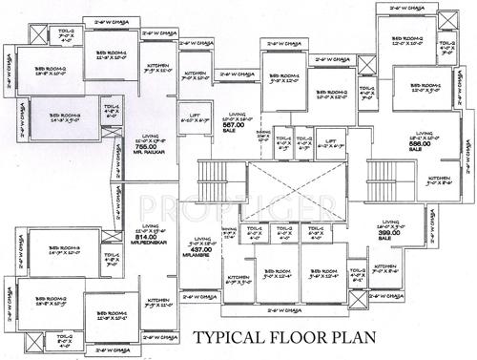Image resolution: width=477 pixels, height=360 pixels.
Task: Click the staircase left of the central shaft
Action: [x=209, y=178]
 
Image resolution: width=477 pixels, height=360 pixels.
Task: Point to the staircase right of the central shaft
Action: [x=380, y=177]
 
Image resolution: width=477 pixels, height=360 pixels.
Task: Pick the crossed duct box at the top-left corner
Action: [x=36, y=33]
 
